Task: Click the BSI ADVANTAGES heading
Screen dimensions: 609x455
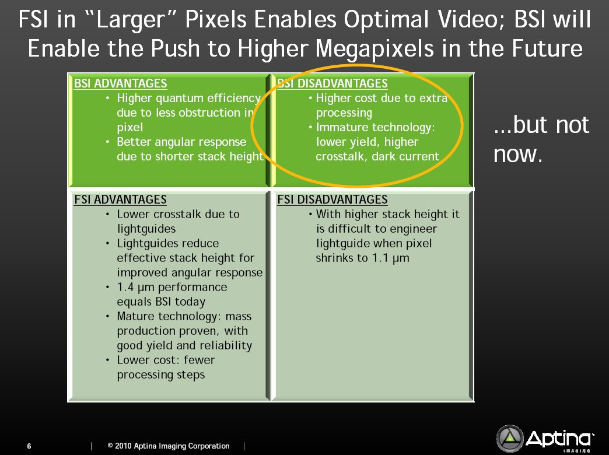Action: pyautogui.click(x=120, y=83)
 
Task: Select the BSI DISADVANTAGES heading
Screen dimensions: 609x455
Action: pyautogui.click(x=332, y=83)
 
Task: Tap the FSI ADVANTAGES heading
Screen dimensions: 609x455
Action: pyautogui.click(x=120, y=199)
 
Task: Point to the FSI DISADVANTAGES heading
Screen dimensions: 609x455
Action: pyautogui.click(x=332, y=199)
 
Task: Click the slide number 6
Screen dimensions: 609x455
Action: pyautogui.click(x=29, y=446)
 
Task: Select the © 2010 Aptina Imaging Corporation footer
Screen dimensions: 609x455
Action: pyautogui.click(x=169, y=446)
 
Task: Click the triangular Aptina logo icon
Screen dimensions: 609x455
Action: pyautogui.click(x=510, y=438)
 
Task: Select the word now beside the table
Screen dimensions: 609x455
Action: pyautogui.click(x=517, y=154)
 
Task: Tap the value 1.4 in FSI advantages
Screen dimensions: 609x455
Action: pyautogui.click(x=125, y=287)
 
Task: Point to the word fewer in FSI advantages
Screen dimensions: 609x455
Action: pyautogui.click(x=199, y=360)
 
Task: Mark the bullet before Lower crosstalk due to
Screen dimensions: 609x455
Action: pyautogui.click(x=107, y=215)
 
